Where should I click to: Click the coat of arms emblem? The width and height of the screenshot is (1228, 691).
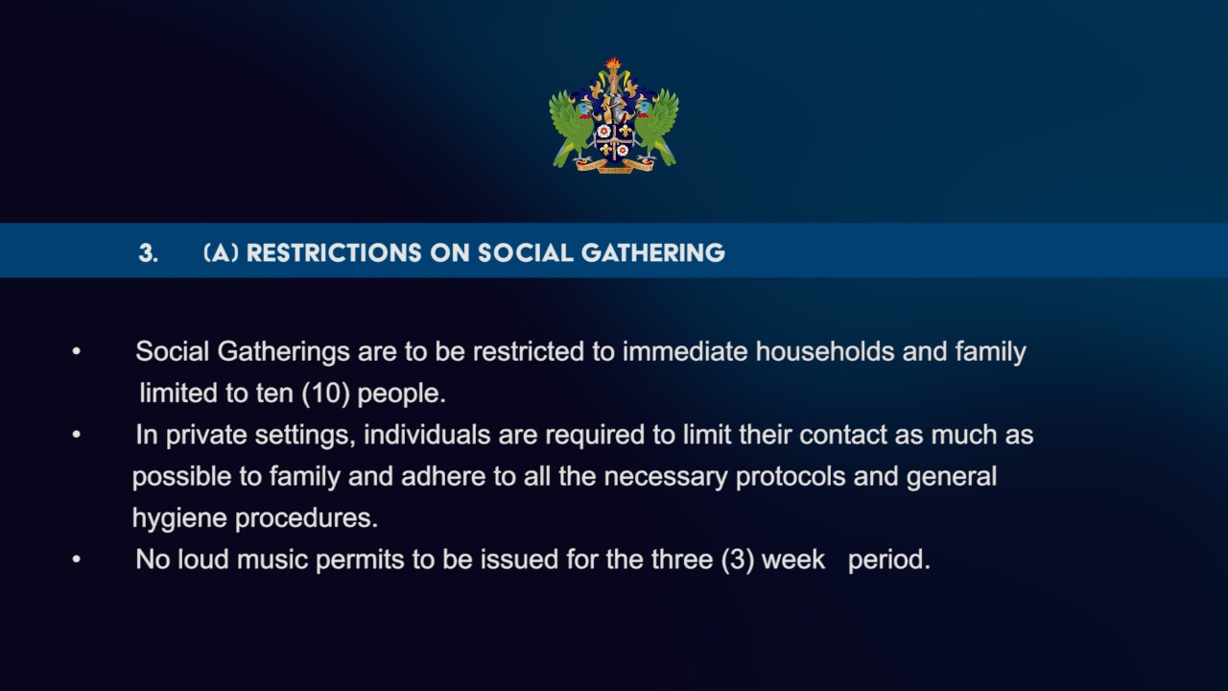tap(614, 116)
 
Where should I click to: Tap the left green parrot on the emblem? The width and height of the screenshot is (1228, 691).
tap(571, 129)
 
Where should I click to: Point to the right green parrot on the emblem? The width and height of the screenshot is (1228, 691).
tap(657, 129)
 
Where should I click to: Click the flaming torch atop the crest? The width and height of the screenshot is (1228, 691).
tap(613, 70)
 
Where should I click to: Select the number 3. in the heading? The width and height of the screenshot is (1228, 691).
tap(148, 252)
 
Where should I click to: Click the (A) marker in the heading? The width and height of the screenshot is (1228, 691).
tap(221, 252)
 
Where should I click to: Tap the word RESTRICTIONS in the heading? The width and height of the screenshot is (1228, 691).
tap(335, 252)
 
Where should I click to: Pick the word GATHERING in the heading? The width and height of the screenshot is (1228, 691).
tap(653, 252)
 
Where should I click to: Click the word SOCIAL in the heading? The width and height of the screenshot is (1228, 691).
tap(525, 252)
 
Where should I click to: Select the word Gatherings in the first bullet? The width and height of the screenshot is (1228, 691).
tap(283, 352)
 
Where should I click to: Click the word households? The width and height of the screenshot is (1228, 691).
tap(825, 351)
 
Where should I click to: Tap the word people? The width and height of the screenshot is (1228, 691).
tap(401, 394)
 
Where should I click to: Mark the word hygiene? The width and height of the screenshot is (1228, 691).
tap(179, 519)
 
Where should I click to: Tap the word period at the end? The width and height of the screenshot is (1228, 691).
tap(889, 560)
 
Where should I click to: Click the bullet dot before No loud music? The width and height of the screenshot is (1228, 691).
tap(76, 560)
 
